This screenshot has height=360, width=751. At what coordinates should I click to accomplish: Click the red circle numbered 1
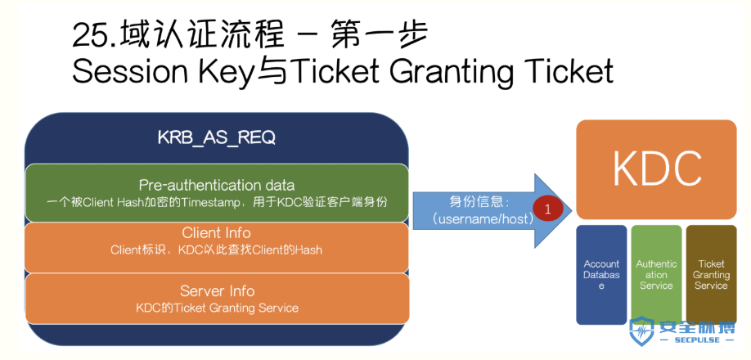[x=548, y=209]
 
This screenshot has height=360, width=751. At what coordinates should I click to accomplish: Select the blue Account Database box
[x=601, y=275]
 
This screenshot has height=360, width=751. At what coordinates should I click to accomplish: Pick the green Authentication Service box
[x=656, y=275]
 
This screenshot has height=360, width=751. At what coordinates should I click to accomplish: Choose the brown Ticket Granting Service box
[x=711, y=275]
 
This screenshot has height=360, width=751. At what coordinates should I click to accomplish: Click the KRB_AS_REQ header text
[x=217, y=138]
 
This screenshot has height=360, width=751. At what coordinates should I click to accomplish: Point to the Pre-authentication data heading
[x=217, y=185]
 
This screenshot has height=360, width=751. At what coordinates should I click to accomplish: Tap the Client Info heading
[x=217, y=233]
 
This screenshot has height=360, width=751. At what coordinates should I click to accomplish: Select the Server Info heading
[x=217, y=291]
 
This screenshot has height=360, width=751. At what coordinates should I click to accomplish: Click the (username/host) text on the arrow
[x=481, y=220]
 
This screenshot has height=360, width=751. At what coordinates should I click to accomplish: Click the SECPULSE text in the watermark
[x=696, y=340]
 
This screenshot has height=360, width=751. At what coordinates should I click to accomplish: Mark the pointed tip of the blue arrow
[x=572, y=210]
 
